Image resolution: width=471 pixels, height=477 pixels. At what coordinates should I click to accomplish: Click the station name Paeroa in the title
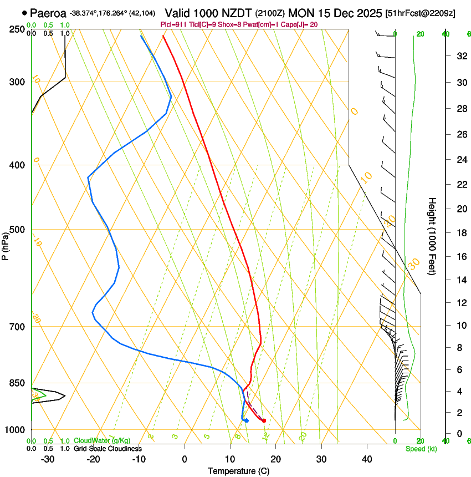[x=48, y=13]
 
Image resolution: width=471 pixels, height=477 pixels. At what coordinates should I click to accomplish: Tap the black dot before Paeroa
[x=24, y=13]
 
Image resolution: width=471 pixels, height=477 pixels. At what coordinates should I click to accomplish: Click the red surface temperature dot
[x=264, y=420]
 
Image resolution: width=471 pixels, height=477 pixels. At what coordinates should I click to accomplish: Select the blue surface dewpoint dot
[x=246, y=420]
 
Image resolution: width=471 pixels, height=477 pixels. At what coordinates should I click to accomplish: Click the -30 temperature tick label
[x=47, y=459]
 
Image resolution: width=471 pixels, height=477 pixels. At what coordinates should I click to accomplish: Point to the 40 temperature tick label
[x=366, y=459]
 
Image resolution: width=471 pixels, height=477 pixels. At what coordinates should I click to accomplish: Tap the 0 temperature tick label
[x=185, y=459]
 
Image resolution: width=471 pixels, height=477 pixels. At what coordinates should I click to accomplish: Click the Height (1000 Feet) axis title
[x=432, y=236]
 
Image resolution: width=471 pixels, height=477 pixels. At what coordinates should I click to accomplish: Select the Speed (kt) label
[x=420, y=448]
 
